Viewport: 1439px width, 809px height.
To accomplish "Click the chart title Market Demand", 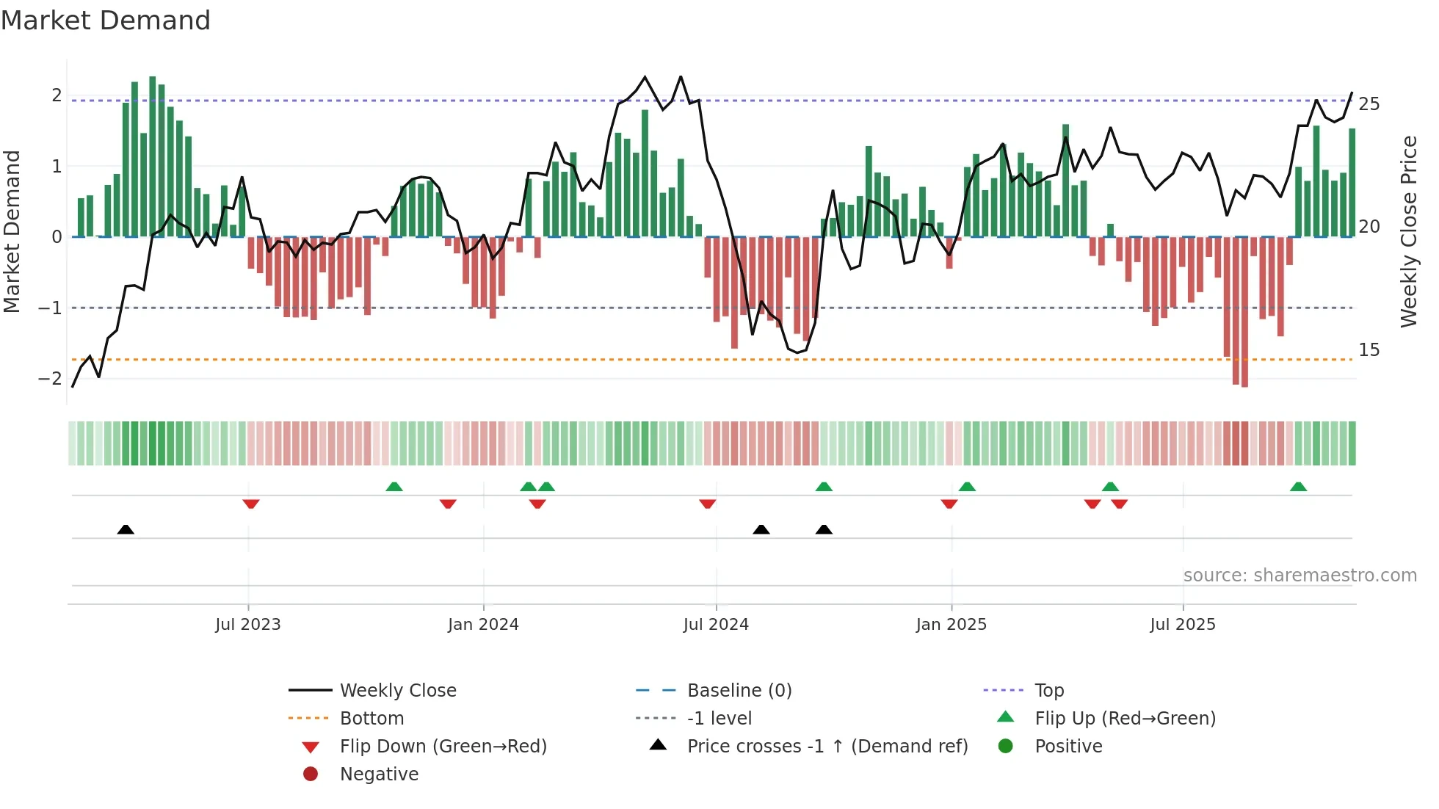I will pyautogui.click(x=106, y=21).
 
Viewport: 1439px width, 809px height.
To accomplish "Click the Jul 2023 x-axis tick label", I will pyautogui.click(x=248, y=624).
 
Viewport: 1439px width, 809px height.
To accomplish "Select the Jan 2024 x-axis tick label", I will pyautogui.click(x=483, y=624).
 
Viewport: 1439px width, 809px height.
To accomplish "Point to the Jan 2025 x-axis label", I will pyautogui.click(x=952, y=624).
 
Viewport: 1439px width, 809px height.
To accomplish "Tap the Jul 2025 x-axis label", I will pyautogui.click(x=1183, y=624).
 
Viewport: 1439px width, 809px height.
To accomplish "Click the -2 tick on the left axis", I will pyautogui.click(x=50, y=378).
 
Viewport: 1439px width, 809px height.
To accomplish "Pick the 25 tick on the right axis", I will pyautogui.click(x=1369, y=104).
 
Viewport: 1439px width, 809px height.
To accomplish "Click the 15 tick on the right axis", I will pyautogui.click(x=1369, y=349).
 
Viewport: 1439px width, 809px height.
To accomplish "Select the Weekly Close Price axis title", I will pyautogui.click(x=1408, y=231).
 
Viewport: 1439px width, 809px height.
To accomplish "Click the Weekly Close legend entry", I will pyautogui.click(x=398, y=690).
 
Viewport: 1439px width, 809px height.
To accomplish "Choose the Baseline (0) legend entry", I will pyautogui.click(x=739, y=690).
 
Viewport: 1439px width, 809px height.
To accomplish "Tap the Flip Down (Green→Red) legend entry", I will pyautogui.click(x=443, y=746).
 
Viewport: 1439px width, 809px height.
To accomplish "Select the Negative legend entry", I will pyautogui.click(x=379, y=774).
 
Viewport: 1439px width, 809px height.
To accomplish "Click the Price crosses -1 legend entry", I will pyautogui.click(x=827, y=746).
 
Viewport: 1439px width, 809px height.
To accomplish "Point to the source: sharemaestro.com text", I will pyautogui.click(x=1300, y=575).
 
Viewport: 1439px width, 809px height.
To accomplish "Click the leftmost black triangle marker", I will pyautogui.click(x=126, y=529).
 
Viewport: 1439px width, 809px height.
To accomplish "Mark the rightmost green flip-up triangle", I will pyautogui.click(x=1298, y=487).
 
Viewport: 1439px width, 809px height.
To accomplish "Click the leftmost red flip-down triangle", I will pyautogui.click(x=251, y=504).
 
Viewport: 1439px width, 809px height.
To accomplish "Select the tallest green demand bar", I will pyautogui.click(x=153, y=156).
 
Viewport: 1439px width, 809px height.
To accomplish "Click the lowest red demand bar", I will pyautogui.click(x=1244, y=311).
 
